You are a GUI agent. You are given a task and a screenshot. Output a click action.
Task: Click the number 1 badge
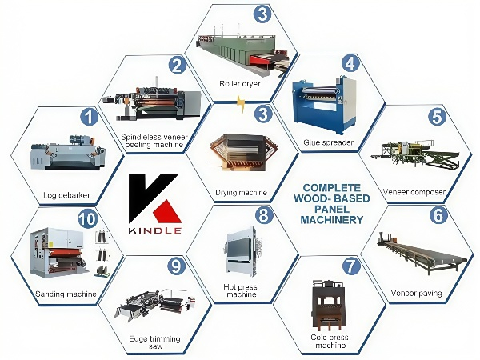click(89, 118)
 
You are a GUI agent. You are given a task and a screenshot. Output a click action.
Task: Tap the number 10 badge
click(87, 218)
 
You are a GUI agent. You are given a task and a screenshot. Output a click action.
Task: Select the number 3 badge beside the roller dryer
click(262, 14)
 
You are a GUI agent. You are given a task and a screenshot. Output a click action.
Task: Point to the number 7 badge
click(351, 266)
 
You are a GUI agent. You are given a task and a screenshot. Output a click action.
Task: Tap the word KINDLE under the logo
click(155, 230)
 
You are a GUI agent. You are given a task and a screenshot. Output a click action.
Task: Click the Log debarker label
click(66, 195)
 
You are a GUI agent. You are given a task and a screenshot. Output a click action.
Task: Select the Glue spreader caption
click(329, 142)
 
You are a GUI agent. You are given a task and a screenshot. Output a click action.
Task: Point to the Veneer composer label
click(414, 192)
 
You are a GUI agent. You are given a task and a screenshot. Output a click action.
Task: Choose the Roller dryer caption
click(240, 83)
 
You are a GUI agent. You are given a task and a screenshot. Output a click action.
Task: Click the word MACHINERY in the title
click(331, 220)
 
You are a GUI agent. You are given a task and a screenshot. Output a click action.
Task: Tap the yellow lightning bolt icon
click(241, 104)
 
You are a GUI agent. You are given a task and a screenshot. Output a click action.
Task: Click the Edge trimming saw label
click(154, 342)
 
